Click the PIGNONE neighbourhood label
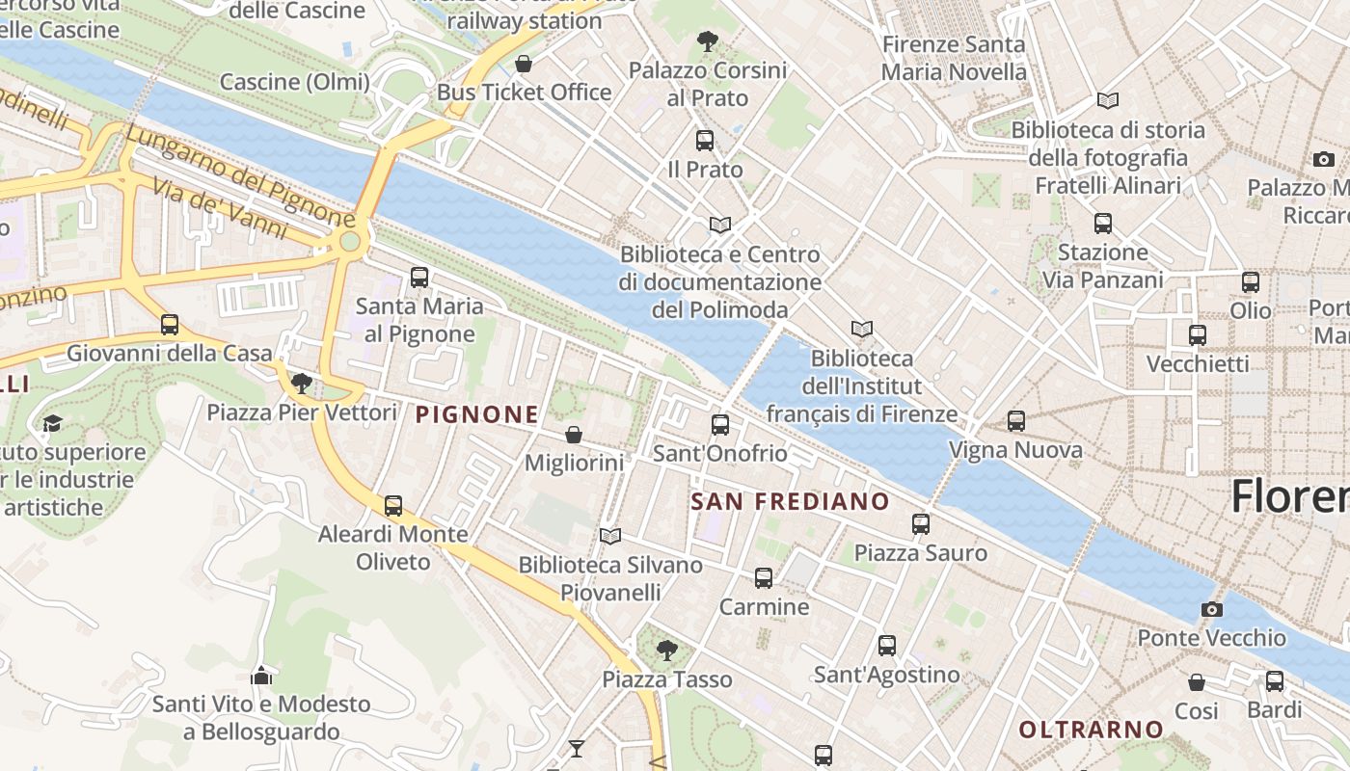tap(476, 415)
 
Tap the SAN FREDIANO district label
tap(790, 501)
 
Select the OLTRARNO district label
tap(1092, 730)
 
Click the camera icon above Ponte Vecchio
tap(1212, 609)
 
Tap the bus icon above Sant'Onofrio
tap(719, 424)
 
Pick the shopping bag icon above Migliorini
tap(574, 435)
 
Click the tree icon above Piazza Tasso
tap(666, 651)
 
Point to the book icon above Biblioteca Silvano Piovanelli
tap(609, 536)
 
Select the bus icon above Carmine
tap(764, 578)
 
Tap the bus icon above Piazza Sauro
tap(921, 524)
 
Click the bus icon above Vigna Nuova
tap(1015, 421)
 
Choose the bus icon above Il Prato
tap(705, 141)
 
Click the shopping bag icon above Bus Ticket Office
tap(524, 65)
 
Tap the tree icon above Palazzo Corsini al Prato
tap(707, 41)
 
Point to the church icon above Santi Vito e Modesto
tap(261, 676)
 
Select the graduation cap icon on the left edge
tap(52, 423)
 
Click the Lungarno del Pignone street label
tap(239, 174)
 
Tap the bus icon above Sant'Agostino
tap(887, 646)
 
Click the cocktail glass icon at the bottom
tap(577, 748)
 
